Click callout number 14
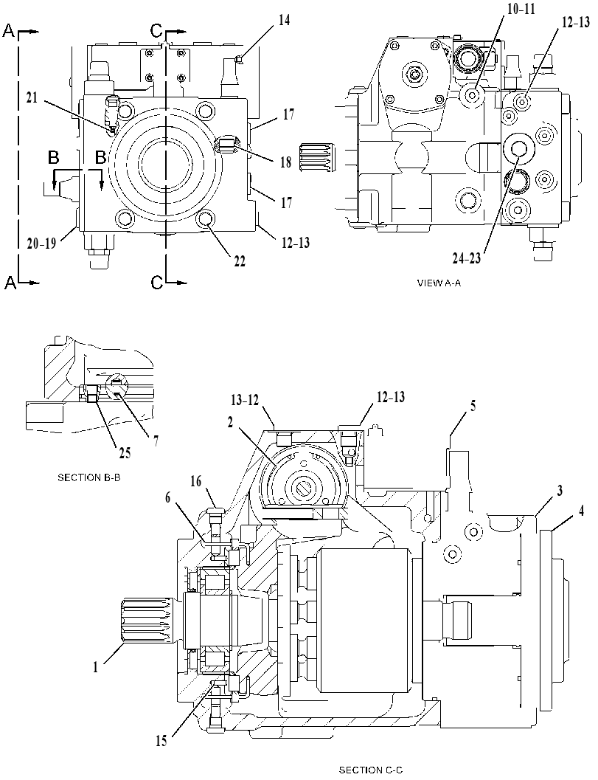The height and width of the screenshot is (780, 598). [x=285, y=21]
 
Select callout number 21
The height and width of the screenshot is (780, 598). [x=32, y=98]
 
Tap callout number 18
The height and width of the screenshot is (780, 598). [x=285, y=162]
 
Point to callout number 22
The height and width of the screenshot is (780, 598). [x=240, y=261]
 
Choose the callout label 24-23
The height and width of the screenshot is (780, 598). [x=467, y=258]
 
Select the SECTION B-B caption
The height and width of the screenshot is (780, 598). [x=89, y=477]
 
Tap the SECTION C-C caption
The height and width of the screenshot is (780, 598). [x=371, y=770]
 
